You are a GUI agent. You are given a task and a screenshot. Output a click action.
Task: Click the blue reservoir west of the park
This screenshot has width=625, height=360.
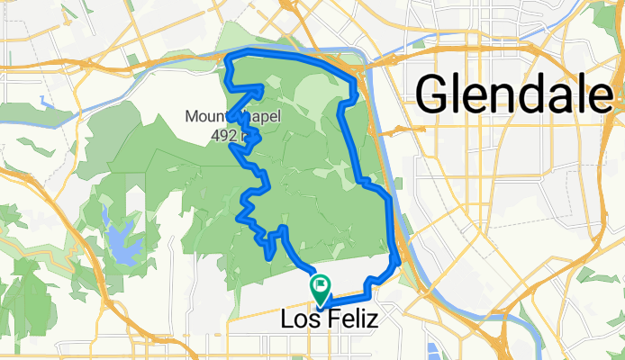tap(117, 236)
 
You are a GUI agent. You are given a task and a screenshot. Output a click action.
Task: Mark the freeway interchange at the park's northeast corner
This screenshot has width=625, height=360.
tap(361, 72)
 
